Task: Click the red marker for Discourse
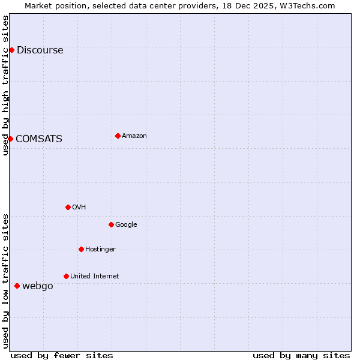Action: click(x=11, y=50)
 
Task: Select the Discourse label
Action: click(x=40, y=50)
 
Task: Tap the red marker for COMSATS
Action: click(x=10, y=139)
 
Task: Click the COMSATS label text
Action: click(x=38, y=139)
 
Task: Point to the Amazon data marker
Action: click(x=118, y=136)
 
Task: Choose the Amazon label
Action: click(x=134, y=136)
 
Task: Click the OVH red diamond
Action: click(x=68, y=207)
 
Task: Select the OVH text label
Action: click(x=79, y=208)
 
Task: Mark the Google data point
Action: click(x=111, y=224)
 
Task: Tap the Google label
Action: click(x=126, y=225)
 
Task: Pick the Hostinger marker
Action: click(x=81, y=249)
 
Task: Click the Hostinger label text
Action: click(x=100, y=250)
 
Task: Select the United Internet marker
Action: click(x=66, y=276)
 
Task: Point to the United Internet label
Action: click(x=94, y=277)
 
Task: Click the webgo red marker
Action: click(x=17, y=286)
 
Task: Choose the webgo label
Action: click(x=37, y=286)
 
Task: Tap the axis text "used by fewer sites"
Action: click(x=62, y=356)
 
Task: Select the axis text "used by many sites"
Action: click(x=301, y=356)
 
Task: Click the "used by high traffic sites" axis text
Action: click(x=6, y=85)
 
